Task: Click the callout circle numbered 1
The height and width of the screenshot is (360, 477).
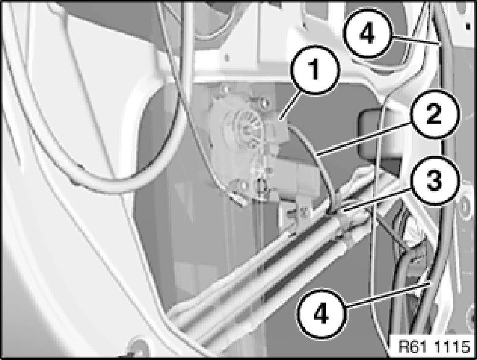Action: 315,70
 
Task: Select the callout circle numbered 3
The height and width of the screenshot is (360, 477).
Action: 433,181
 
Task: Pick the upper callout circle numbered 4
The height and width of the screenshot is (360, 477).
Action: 367,33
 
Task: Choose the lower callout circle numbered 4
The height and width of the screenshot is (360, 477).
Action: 321,313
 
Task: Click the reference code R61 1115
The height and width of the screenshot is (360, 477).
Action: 434,347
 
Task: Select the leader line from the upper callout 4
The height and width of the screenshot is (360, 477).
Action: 415,40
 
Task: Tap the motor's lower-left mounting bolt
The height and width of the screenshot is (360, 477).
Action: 243,184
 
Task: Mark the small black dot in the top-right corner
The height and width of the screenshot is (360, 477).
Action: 468,27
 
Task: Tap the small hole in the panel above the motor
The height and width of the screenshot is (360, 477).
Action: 227,57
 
